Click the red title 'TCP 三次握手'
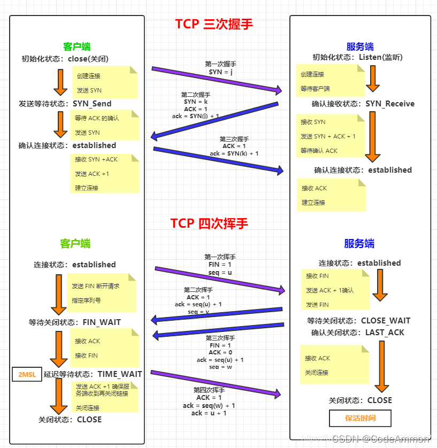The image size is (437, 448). tap(213, 24)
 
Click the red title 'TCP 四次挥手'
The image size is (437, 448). tap(209, 223)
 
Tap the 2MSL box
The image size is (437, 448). tap(27, 374)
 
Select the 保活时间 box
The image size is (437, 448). tap(360, 418)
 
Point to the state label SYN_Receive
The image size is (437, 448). tap(390, 104)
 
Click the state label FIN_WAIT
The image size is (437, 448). tap(102, 322)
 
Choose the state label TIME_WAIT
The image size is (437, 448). tap(120, 374)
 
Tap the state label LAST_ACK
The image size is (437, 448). tap(385, 333)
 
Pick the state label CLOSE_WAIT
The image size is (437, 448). tap(386, 321)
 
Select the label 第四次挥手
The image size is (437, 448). tap(209, 390)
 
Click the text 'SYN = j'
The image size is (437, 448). tap(220, 72)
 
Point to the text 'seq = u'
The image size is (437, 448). tap(220, 272)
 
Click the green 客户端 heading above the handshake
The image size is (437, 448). tap(75, 47)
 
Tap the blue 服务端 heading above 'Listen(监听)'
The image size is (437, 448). tap(359, 47)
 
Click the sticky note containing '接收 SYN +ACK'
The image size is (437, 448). tap(104, 174)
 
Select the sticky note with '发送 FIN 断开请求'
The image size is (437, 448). tap(101, 293)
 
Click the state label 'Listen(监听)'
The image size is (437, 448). tap(380, 57)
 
